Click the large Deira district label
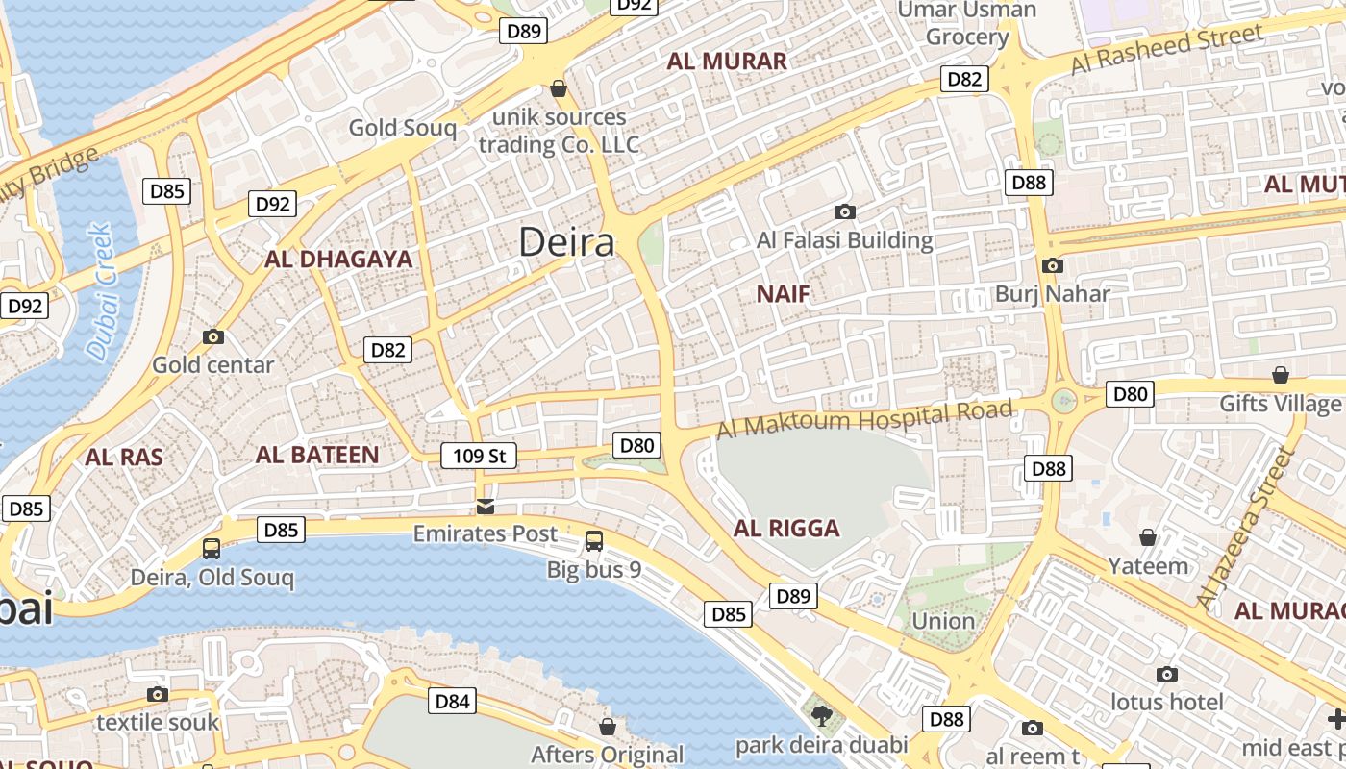[566, 242]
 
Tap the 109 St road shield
[479, 456]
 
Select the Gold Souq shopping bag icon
[558, 89]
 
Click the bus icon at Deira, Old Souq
[212, 549]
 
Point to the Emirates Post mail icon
[486, 507]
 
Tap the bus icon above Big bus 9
[594, 541]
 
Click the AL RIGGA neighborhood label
[786, 529]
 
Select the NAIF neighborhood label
[783, 294]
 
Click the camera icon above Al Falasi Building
[845, 212]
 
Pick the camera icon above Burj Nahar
[1053, 266]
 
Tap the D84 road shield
[452, 702]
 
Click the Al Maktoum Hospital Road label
[864, 420]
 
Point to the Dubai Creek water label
[100, 292]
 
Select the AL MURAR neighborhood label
[727, 62]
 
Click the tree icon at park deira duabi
[821, 715]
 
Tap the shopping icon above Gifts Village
[1280, 375]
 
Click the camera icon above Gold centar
[213, 337]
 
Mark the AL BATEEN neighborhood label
[317, 456]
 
